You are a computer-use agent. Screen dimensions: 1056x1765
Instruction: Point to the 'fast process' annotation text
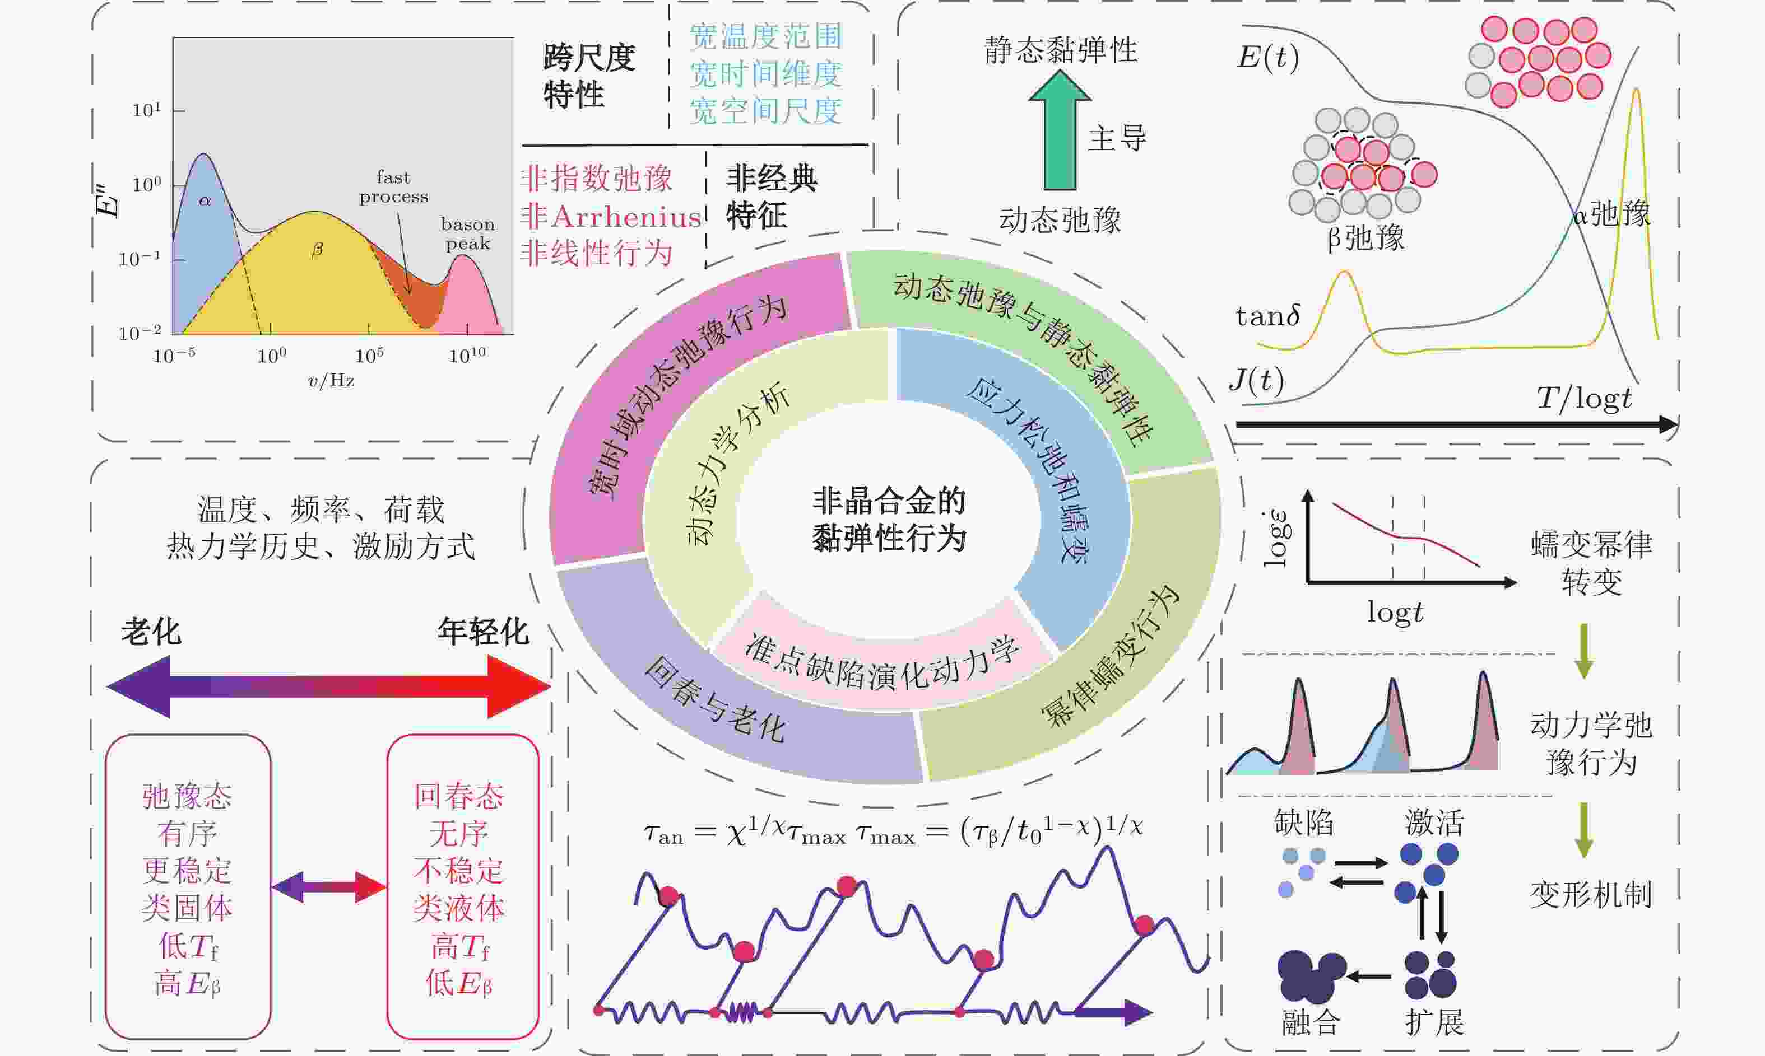pos(394,186)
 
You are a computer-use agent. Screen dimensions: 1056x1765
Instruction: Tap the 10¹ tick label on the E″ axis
pos(147,110)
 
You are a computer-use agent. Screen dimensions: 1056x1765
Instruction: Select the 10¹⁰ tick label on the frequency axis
pos(467,355)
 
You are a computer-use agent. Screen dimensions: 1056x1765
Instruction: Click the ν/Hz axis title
pos(331,381)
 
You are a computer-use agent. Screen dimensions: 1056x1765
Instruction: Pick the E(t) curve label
pos(1268,57)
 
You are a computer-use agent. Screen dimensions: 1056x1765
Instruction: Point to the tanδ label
pos(1268,316)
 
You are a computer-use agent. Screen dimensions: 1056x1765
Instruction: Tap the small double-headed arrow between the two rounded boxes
pos(329,887)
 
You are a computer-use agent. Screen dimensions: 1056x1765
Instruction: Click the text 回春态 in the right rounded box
pos(459,796)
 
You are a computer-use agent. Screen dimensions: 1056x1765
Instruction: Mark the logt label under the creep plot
pos(1395,613)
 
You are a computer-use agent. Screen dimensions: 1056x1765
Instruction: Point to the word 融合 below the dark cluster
pos(1311,1022)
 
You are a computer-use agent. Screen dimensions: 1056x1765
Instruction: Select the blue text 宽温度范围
pos(766,36)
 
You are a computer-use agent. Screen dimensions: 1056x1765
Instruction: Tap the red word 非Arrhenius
pos(610,216)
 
